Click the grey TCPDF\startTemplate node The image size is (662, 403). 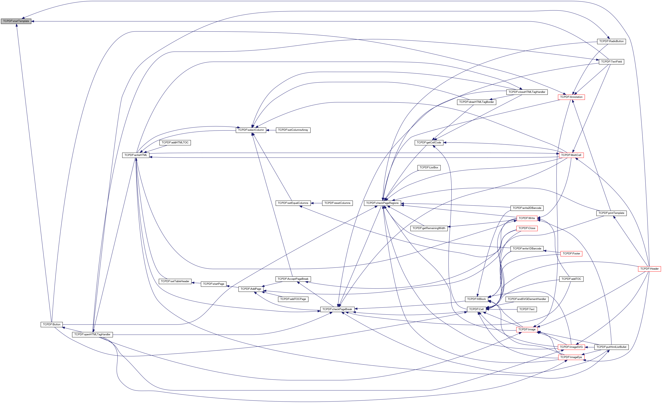(16, 21)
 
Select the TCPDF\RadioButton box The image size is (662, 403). (611, 41)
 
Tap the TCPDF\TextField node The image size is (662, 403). (611, 62)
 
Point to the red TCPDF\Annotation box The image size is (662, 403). (571, 97)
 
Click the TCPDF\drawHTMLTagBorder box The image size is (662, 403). (476, 102)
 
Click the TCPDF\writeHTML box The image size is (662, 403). (136, 155)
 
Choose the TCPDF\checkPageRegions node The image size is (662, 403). (382, 203)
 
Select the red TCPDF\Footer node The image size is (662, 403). (571, 254)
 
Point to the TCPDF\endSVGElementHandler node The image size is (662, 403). (527, 299)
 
